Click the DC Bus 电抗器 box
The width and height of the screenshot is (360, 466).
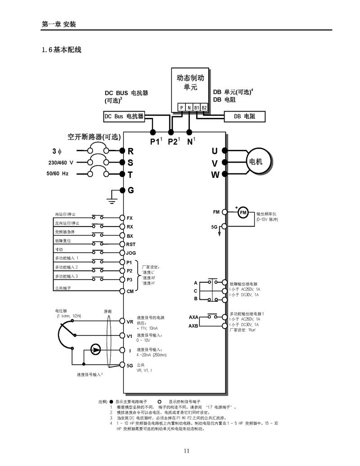(x=124, y=117)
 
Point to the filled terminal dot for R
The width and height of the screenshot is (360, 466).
(x=122, y=151)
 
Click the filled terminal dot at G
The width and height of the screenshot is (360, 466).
(x=122, y=190)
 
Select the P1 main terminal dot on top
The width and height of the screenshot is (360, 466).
(x=153, y=132)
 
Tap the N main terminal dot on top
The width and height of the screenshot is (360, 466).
(x=189, y=132)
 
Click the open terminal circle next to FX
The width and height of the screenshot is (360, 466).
(x=122, y=217)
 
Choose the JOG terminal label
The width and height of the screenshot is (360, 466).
(x=131, y=253)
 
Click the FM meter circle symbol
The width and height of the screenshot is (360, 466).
(x=243, y=213)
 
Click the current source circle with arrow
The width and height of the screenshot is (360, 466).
(x=95, y=349)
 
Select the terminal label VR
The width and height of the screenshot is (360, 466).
(x=130, y=321)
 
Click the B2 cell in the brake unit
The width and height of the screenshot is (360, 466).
(x=204, y=108)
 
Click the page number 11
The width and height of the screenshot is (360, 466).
(x=186, y=451)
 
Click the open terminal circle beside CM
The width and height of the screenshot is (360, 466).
(x=122, y=292)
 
